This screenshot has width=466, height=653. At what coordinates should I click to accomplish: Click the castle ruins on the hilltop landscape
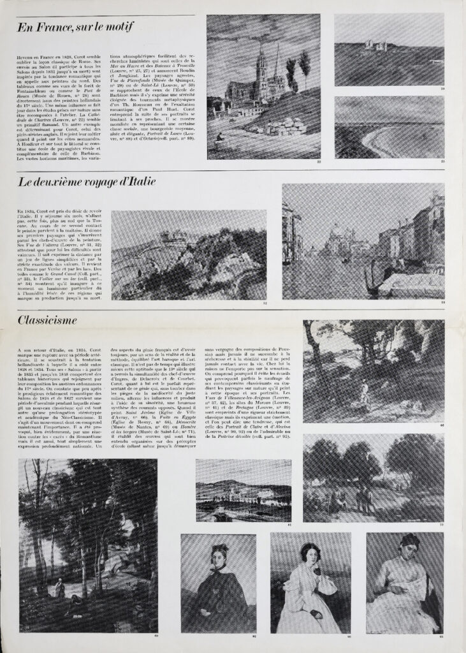(x=375, y=45)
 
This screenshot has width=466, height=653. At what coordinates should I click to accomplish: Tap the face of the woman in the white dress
(x=310, y=554)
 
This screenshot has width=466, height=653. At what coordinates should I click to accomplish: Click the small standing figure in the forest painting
(x=59, y=587)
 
